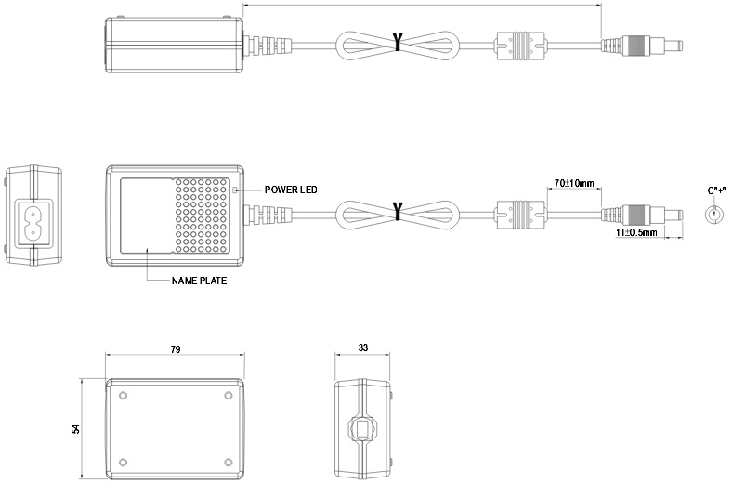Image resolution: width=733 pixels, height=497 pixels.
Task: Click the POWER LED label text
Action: (x=291, y=190)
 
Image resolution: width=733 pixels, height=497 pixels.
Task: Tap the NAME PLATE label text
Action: (x=199, y=280)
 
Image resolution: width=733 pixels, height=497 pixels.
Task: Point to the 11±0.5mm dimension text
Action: (x=635, y=232)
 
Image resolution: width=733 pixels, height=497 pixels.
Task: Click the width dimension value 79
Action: (x=175, y=348)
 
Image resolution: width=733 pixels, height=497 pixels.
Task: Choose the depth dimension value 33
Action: (x=361, y=348)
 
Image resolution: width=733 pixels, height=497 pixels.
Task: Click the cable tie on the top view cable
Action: (x=398, y=43)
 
